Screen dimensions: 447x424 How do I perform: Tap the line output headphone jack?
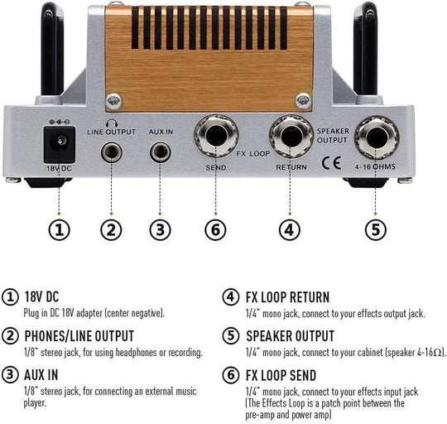[112, 152]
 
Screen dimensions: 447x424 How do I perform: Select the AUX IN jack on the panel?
[161, 152]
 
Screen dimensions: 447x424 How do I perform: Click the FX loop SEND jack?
[216, 136]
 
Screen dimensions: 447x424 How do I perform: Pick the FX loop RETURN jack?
[291, 137]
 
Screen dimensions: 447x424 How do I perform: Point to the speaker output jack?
[377, 137]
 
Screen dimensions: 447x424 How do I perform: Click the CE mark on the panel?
[331, 163]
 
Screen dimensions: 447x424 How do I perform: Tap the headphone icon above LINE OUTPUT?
[112, 123]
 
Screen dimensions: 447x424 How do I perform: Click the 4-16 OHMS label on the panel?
[375, 166]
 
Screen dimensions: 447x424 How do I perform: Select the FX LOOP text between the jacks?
[253, 154]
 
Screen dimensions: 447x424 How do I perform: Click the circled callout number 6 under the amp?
[215, 230]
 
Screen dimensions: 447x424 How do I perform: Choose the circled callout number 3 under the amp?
[161, 230]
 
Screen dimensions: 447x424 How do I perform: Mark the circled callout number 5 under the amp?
[376, 230]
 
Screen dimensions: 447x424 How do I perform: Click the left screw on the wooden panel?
[113, 101]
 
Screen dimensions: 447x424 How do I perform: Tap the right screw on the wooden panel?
[303, 101]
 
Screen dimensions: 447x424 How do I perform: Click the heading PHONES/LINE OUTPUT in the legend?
[79, 336]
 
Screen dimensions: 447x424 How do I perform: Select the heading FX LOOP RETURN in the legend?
[287, 297]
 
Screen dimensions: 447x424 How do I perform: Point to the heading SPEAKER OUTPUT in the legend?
[291, 336]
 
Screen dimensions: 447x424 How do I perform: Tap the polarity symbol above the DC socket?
[60, 122]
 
